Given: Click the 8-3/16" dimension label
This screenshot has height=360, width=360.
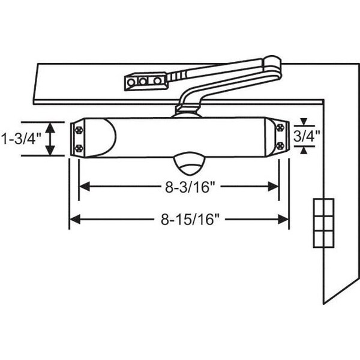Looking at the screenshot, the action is (x=190, y=187).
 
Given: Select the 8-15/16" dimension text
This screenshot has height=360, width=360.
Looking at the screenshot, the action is (x=190, y=219).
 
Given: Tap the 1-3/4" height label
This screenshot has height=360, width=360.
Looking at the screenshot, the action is (x=22, y=139).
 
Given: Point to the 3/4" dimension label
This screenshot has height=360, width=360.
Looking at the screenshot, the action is (x=307, y=136).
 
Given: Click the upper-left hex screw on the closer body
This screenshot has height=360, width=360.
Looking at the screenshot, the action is (x=79, y=130).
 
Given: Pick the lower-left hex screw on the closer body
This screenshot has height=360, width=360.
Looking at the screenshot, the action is (x=79, y=148).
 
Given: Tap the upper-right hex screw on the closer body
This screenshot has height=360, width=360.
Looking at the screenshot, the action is (x=280, y=127).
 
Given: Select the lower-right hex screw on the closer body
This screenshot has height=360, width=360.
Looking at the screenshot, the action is (x=280, y=146).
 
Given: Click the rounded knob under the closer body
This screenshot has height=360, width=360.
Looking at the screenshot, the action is (x=189, y=163).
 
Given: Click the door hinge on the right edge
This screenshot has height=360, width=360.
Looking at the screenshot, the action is (x=323, y=223).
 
